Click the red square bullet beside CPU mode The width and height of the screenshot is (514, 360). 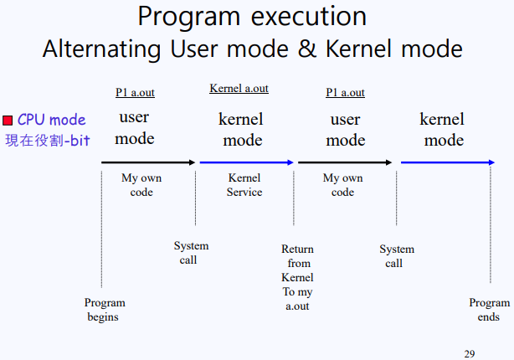click(x=8, y=121)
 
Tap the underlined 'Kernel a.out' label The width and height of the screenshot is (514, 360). click(x=239, y=88)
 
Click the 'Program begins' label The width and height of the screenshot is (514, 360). click(x=105, y=310)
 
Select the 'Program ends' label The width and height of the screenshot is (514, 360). click(x=489, y=310)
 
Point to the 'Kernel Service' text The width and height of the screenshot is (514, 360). click(x=244, y=184)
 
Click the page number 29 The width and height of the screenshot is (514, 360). click(x=470, y=354)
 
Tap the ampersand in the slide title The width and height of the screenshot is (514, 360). click(x=307, y=49)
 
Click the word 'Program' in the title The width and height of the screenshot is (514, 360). click(x=189, y=17)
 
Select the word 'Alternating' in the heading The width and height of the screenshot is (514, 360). click(x=101, y=49)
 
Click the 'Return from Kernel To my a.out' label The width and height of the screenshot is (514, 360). click(x=297, y=277)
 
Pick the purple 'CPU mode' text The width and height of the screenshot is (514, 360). click(x=51, y=120)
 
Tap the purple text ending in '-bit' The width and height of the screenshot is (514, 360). click(x=48, y=141)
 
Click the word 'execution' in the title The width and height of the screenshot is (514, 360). click(x=309, y=17)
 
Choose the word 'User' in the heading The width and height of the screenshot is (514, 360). click(x=195, y=49)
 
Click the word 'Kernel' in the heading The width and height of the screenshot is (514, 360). click(x=358, y=49)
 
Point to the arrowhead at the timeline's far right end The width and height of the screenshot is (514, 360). click(x=492, y=162)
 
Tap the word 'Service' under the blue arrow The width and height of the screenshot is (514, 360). click(x=244, y=192)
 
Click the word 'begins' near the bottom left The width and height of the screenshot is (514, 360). click(x=103, y=317)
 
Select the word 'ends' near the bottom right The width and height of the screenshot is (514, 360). click(x=488, y=316)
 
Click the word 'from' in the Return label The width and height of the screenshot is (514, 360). click(x=299, y=263)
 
